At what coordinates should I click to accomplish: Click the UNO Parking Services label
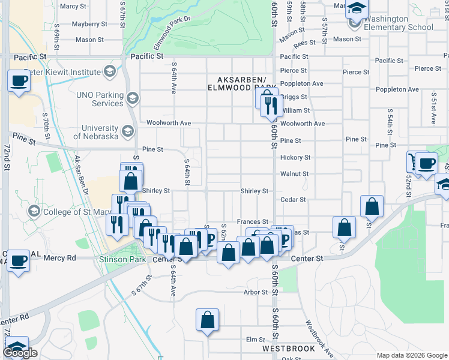(x=99, y=99)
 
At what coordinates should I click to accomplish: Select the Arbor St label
(x=255, y=293)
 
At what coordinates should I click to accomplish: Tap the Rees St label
(x=304, y=43)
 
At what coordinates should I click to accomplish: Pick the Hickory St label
(x=295, y=158)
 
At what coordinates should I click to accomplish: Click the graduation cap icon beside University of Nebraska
(x=127, y=131)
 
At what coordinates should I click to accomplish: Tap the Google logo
(x=20, y=353)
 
